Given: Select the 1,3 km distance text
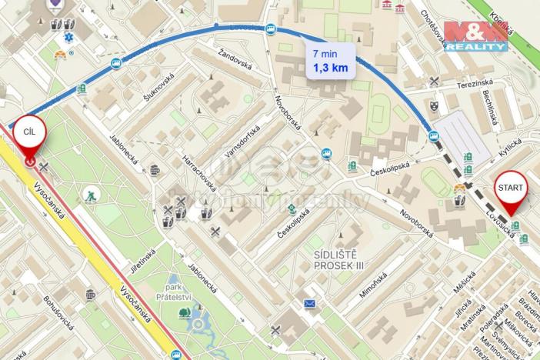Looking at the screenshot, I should click(330, 68).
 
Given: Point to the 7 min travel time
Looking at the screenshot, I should click(324, 54).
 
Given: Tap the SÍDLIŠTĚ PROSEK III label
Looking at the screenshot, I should click(338, 259).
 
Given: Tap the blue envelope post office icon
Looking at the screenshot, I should click(309, 303).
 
